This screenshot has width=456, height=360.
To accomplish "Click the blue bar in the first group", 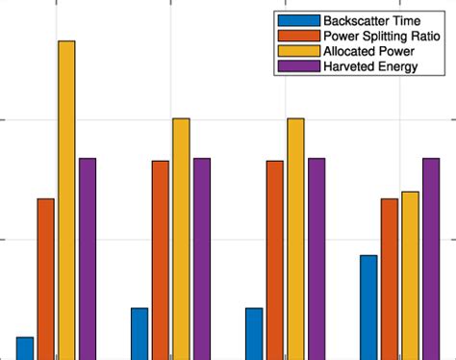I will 25,347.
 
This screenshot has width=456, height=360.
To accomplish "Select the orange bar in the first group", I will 46,278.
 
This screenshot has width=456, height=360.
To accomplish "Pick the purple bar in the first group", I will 88,258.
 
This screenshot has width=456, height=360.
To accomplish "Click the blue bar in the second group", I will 139,333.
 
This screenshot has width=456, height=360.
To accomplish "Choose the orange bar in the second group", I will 161,259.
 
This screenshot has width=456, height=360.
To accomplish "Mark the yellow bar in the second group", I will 181,238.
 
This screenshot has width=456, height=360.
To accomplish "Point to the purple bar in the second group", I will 202,258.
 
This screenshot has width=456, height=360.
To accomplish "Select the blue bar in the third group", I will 254,333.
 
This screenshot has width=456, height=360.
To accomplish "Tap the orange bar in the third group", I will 275,259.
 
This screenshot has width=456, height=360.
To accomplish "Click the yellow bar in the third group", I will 295,238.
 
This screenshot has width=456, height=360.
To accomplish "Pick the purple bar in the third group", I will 317,258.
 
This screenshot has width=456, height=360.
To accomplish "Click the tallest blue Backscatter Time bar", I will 368,306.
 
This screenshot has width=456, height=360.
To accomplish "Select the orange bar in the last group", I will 390,278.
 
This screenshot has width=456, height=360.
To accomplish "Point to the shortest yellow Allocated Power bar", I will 410,274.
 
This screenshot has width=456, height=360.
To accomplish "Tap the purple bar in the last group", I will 431,258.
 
